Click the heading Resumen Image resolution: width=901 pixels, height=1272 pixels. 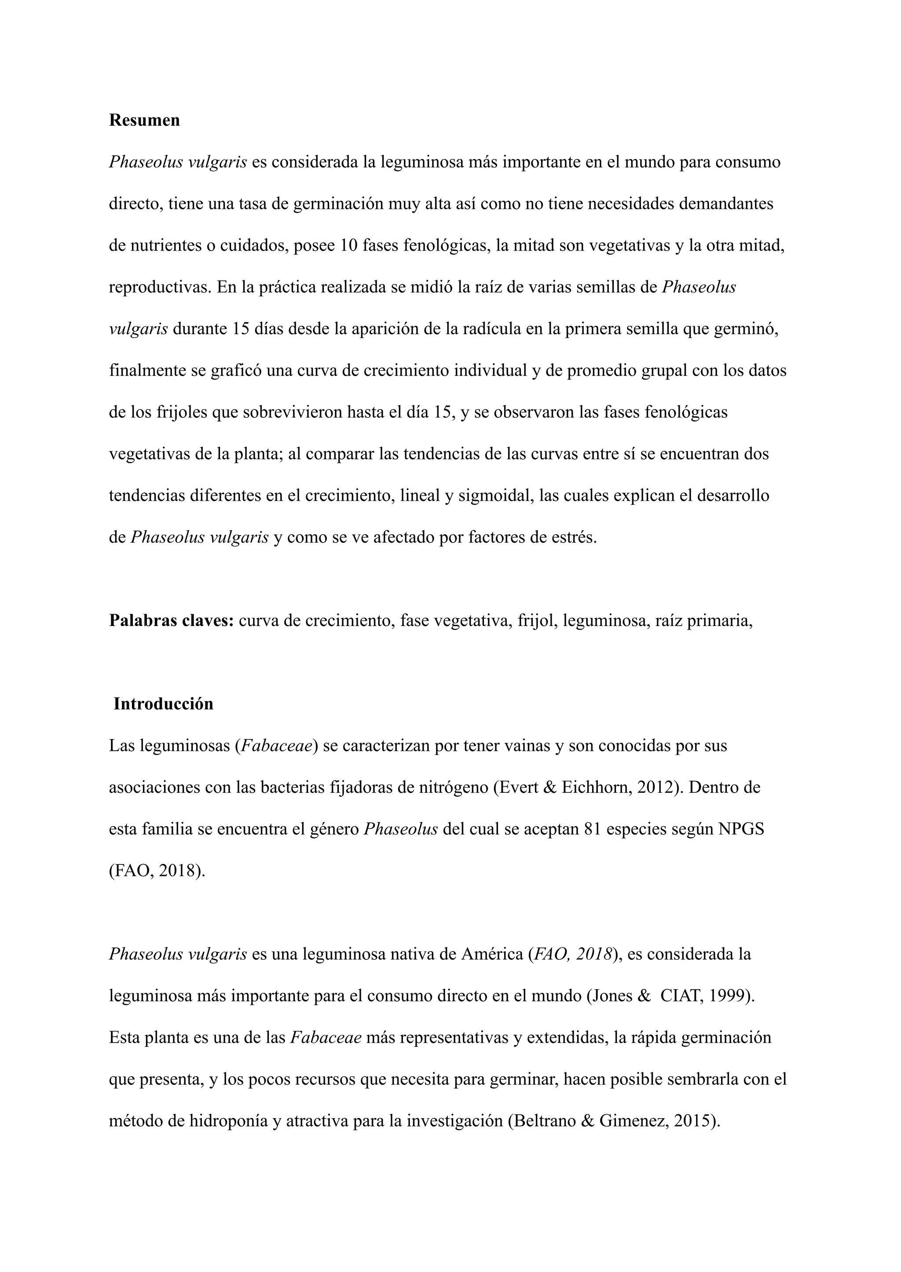point(144,120)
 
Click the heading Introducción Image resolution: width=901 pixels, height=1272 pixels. point(163,703)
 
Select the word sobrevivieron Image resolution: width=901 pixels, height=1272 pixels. point(292,412)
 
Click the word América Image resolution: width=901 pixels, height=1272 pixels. point(489,954)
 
